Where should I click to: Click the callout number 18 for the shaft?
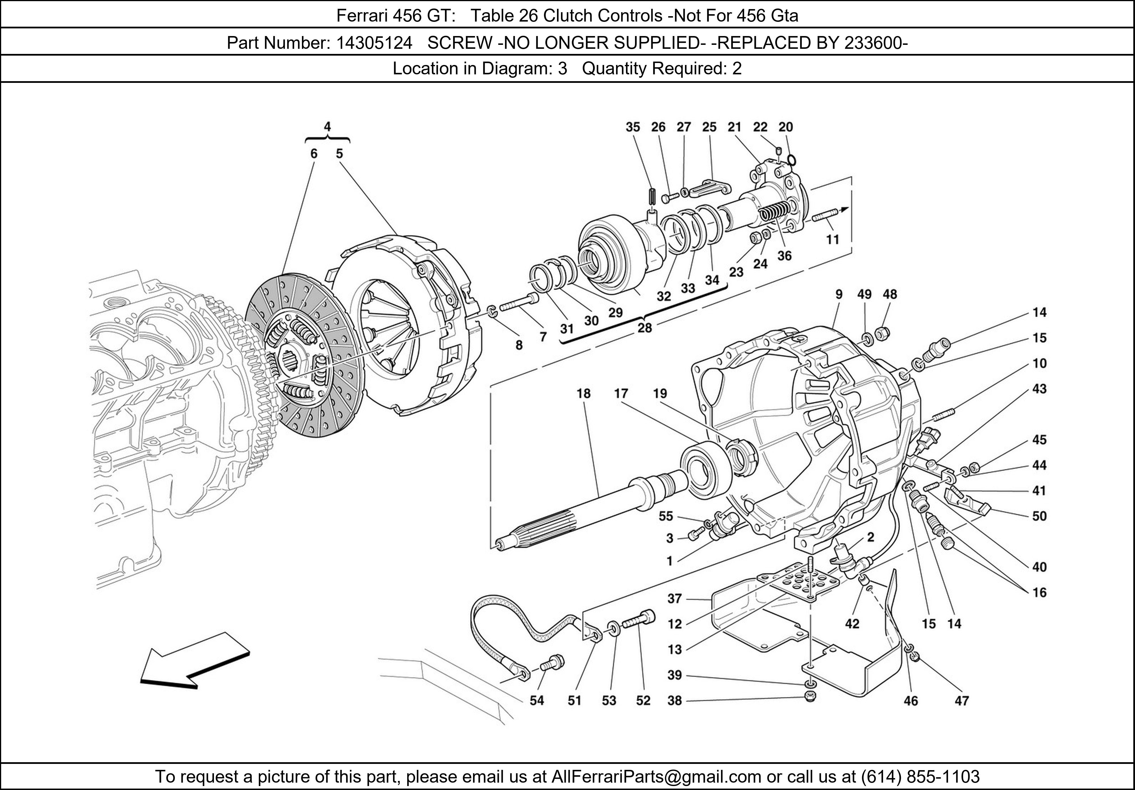[x=583, y=394]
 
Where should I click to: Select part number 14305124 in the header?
[x=374, y=43]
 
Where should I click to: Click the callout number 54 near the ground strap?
[x=536, y=701]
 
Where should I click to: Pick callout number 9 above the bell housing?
[x=839, y=295]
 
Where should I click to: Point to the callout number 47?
[x=962, y=701]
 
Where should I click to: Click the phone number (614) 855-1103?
[x=919, y=777]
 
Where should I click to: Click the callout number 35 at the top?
[x=633, y=127]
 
